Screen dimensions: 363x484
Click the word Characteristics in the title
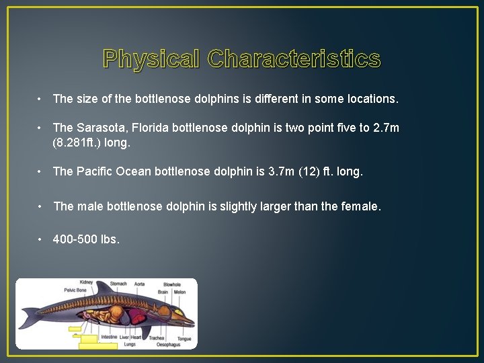294,59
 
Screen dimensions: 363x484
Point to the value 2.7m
386,128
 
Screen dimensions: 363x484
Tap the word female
362,206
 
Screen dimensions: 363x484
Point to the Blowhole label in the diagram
171,285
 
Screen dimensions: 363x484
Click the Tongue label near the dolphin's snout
184,338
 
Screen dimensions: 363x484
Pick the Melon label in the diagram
179,292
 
